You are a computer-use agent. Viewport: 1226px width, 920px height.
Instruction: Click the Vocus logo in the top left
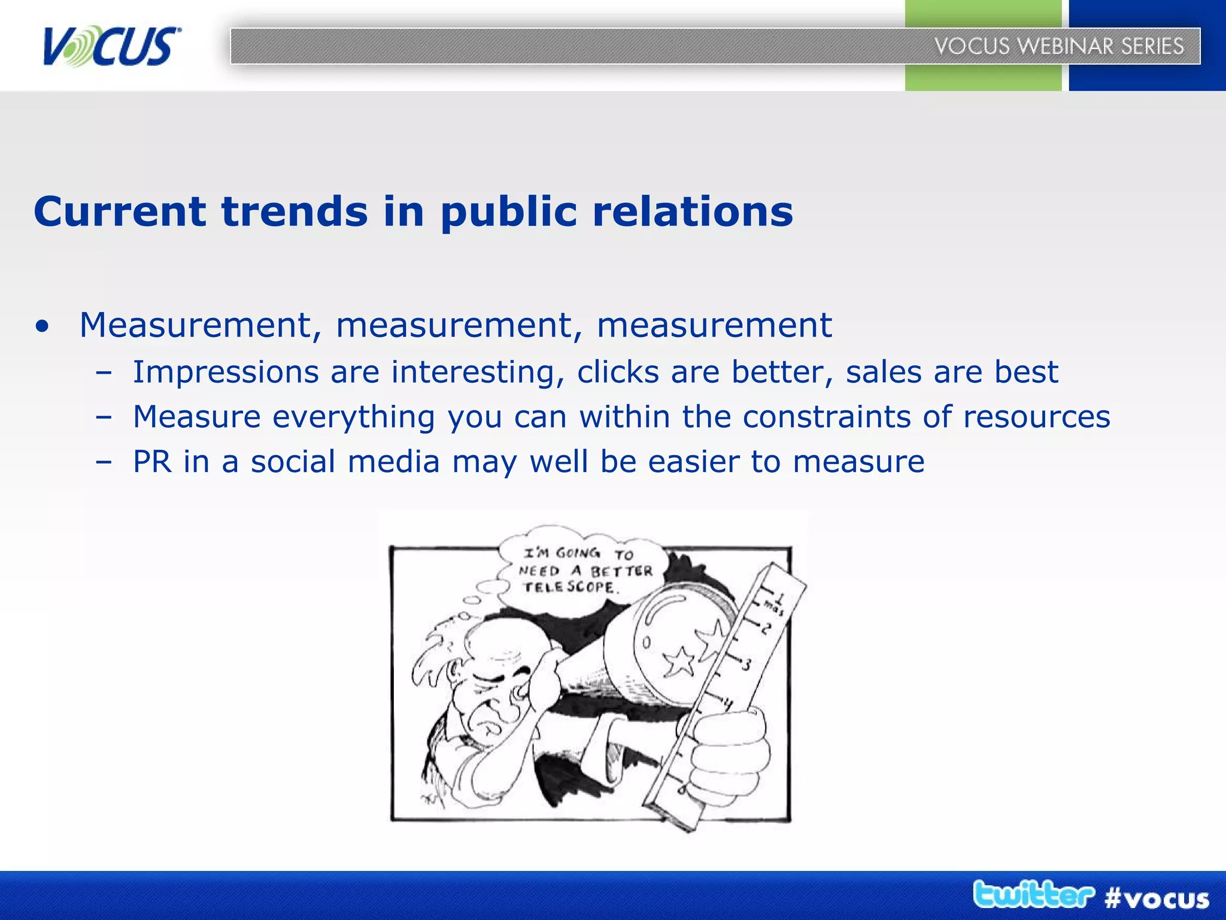111,46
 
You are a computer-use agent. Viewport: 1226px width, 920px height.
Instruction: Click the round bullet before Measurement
42,327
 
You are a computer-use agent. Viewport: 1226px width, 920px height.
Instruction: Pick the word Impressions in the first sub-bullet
226,372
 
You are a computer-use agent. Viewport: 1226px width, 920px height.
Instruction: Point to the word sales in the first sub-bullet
884,372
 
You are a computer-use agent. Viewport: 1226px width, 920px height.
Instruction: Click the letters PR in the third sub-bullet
152,462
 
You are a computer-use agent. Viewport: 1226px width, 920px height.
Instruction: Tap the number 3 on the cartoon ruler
747,665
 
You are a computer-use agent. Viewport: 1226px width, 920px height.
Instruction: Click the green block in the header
983,77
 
